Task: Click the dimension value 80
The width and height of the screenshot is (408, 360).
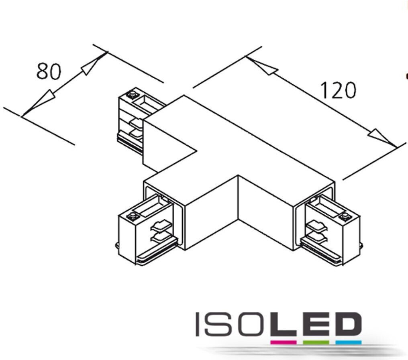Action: pyautogui.click(x=49, y=71)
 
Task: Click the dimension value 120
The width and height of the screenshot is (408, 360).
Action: pyautogui.click(x=338, y=90)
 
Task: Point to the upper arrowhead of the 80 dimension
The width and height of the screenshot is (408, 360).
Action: pyautogui.click(x=91, y=66)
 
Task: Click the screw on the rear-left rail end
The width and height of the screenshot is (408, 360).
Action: pyautogui.click(x=131, y=96)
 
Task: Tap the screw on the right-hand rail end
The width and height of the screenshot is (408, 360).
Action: pyautogui.click(x=344, y=217)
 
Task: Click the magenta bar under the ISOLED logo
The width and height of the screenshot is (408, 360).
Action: pyautogui.click(x=283, y=342)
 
